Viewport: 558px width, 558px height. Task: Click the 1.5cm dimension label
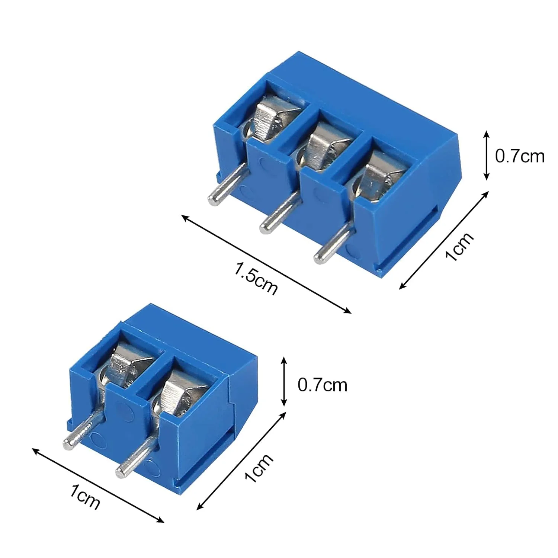[x=256, y=278]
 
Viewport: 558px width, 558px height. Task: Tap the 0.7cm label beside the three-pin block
[x=520, y=156]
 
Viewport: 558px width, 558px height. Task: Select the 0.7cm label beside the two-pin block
[x=322, y=385]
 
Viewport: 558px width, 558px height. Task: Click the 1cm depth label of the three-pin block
[x=460, y=246]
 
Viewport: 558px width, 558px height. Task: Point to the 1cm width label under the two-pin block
[x=85, y=497]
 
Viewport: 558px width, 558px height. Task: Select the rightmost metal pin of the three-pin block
[x=332, y=242]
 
